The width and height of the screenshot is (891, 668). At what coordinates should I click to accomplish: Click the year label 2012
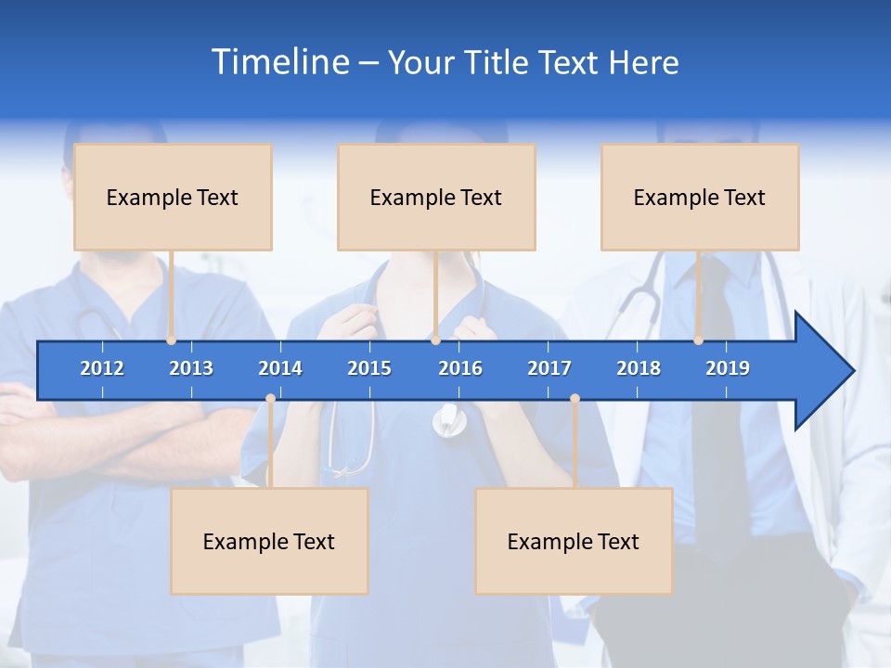(x=102, y=368)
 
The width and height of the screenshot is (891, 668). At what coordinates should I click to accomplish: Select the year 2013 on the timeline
(x=191, y=368)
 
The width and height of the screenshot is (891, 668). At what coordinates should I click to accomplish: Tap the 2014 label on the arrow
(x=280, y=368)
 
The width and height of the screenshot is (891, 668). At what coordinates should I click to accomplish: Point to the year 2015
(x=369, y=368)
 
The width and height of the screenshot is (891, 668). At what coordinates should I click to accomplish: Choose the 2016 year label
(x=460, y=368)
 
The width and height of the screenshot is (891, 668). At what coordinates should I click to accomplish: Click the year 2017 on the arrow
(x=549, y=368)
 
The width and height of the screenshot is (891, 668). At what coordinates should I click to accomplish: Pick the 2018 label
(x=639, y=368)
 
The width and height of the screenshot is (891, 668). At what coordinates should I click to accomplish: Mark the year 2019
(x=728, y=368)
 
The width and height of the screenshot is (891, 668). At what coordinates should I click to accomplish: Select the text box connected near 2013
(x=173, y=197)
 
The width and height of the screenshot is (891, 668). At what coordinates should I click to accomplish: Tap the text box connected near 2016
(x=436, y=197)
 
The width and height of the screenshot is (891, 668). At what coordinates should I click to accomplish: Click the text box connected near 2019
(x=700, y=197)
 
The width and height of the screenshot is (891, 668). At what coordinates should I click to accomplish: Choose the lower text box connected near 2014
(x=269, y=541)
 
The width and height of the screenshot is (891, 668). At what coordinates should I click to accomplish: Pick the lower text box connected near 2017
(x=574, y=541)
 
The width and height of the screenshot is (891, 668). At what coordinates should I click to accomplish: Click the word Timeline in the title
(x=279, y=62)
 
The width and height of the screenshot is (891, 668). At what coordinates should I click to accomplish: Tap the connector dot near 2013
(x=172, y=340)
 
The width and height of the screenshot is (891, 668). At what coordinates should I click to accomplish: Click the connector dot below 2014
(x=270, y=399)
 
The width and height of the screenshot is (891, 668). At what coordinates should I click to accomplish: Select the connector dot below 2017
(x=575, y=399)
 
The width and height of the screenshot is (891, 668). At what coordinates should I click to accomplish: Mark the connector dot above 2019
(x=699, y=340)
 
